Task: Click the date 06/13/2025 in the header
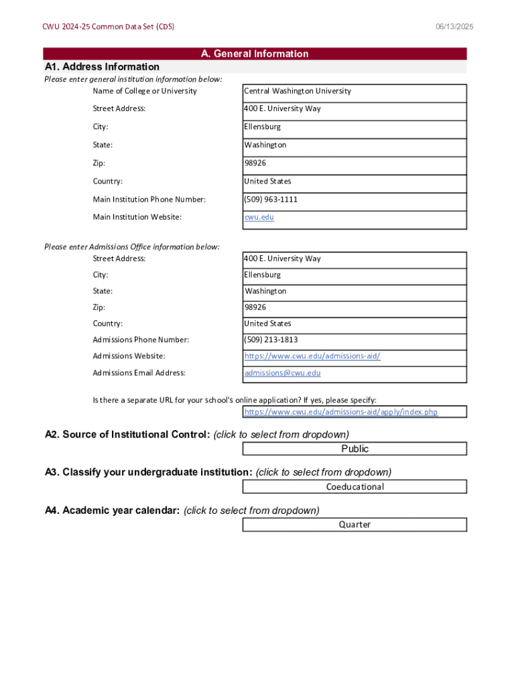454,27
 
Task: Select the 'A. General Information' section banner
255,54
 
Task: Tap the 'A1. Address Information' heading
102,67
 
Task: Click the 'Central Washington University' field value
297,91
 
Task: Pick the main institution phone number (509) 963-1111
271,200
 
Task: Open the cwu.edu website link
259,217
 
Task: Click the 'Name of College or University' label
145,91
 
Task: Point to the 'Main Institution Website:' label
137,217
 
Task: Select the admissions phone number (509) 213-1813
271,340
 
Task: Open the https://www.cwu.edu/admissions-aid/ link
312,356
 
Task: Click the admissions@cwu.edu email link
282,373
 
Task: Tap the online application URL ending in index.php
340,412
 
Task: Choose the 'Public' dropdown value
354,449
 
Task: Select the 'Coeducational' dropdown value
354,487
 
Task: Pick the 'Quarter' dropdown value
354,525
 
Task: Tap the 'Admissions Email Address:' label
139,373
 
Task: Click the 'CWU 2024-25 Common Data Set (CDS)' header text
109,27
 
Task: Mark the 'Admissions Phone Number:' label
141,340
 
